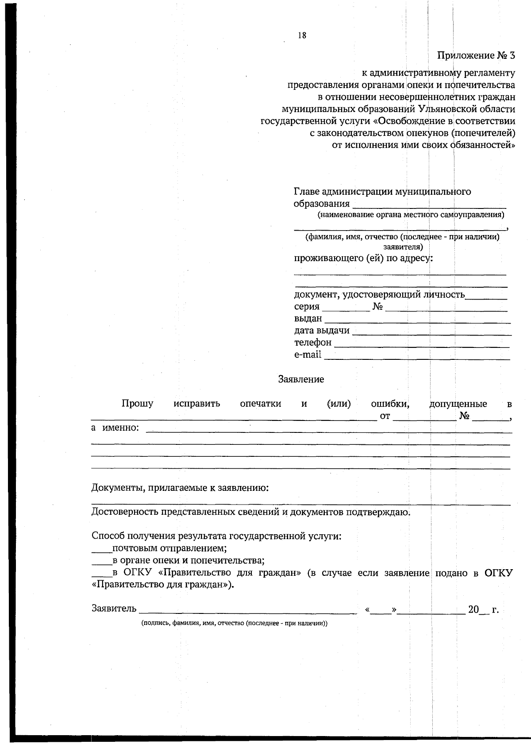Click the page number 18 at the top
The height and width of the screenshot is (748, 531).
[x=302, y=36]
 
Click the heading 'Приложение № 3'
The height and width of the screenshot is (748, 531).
[x=476, y=56]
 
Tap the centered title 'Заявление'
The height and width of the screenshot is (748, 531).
[x=301, y=379]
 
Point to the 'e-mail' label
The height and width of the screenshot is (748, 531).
[x=308, y=355]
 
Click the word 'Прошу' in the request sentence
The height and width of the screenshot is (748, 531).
[x=138, y=404]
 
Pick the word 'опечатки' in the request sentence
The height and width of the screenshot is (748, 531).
[x=260, y=404]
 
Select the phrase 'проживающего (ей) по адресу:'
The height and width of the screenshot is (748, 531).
[x=363, y=258]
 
